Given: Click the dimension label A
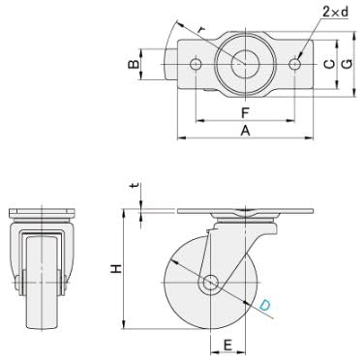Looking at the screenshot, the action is pos(246,131).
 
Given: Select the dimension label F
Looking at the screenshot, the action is pos(245,113).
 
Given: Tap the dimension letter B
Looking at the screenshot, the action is pos(134,65).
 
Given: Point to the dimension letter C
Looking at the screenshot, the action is pos(329,65).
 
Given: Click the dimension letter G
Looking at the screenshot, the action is pos(347,65).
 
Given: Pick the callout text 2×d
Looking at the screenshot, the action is pos(336,13).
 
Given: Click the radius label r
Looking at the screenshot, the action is pos(201,29).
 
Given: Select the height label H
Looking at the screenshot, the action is pos(116,269).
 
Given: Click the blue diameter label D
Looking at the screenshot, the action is pos(265,305).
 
